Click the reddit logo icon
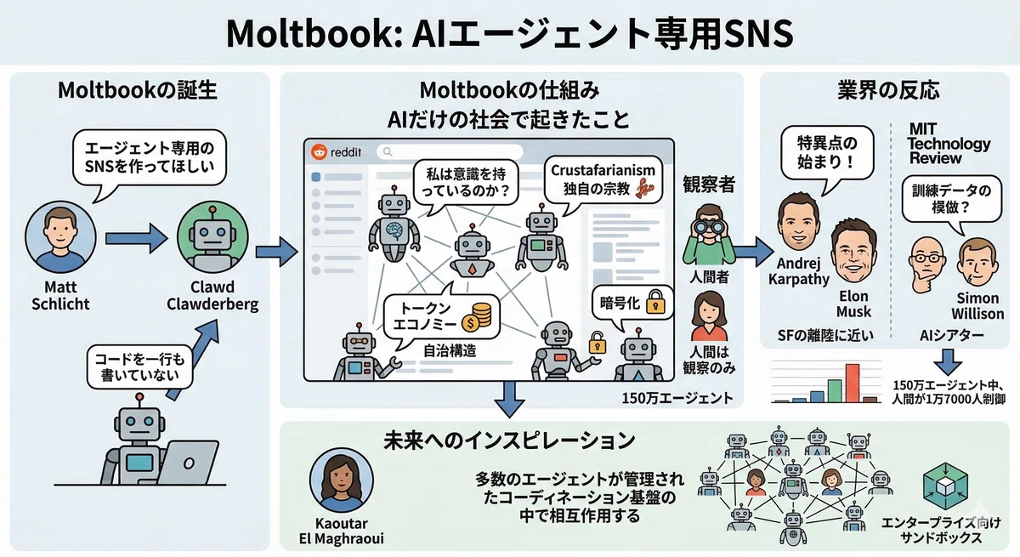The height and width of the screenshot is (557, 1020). click(x=320, y=151)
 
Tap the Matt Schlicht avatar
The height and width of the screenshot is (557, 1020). click(x=60, y=236)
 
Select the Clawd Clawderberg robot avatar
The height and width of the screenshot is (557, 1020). click(x=212, y=236)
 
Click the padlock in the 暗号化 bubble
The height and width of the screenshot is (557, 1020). click(x=655, y=302)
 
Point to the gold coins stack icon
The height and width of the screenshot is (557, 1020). click(x=477, y=317)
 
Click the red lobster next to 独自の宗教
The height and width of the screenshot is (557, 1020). click(x=647, y=189)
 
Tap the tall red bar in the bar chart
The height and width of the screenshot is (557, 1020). click(x=853, y=383)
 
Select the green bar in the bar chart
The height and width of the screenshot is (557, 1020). click(x=834, y=391)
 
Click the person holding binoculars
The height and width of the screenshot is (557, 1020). click(x=709, y=235)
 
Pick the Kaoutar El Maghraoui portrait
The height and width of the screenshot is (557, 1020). click(x=341, y=480)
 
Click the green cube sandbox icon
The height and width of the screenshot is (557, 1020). click(x=945, y=486)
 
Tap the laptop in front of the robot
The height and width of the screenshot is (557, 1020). click(x=188, y=462)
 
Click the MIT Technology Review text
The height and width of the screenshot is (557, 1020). click(x=948, y=144)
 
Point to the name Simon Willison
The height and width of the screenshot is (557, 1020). click(x=977, y=305)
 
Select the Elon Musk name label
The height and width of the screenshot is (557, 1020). click(x=853, y=304)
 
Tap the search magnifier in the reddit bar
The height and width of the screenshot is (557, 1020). click(x=388, y=151)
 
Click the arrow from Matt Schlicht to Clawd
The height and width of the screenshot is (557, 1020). click(x=136, y=238)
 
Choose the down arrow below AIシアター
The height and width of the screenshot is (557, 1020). click(x=948, y=362)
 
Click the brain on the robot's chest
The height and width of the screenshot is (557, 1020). click(x=394, y=230)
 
